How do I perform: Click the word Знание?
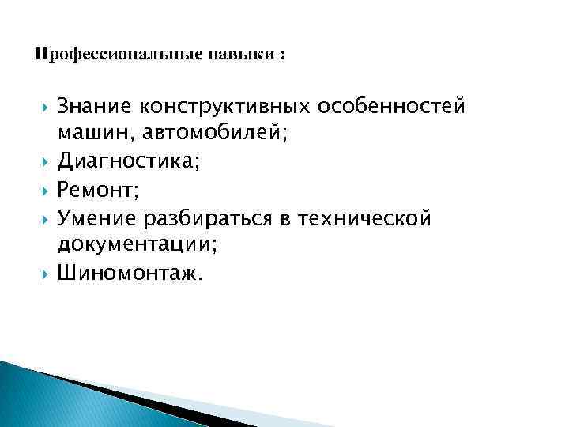click(x=95, y=106)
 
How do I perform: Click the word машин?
click(x=88, y=134)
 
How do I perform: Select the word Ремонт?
click(x=92, y=190)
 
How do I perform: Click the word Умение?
click(x=96, y=217)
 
